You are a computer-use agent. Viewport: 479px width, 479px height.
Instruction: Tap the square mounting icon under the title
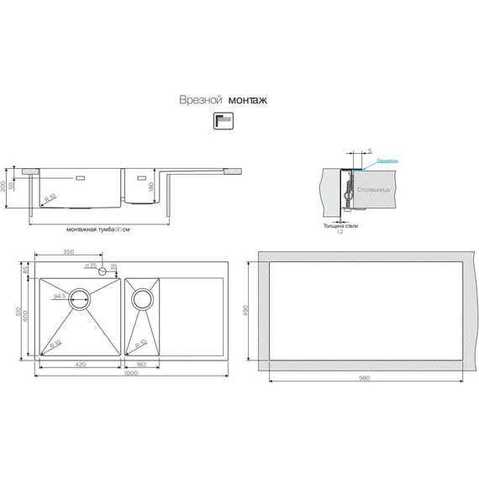point(223,122)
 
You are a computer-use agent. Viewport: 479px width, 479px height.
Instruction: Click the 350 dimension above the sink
point(69,252)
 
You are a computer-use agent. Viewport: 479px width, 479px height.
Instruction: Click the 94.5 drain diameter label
point(60,296)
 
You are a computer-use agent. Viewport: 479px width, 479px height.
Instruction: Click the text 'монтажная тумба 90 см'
point(97,229)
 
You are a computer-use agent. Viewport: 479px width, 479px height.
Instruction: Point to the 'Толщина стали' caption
point(340,225)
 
